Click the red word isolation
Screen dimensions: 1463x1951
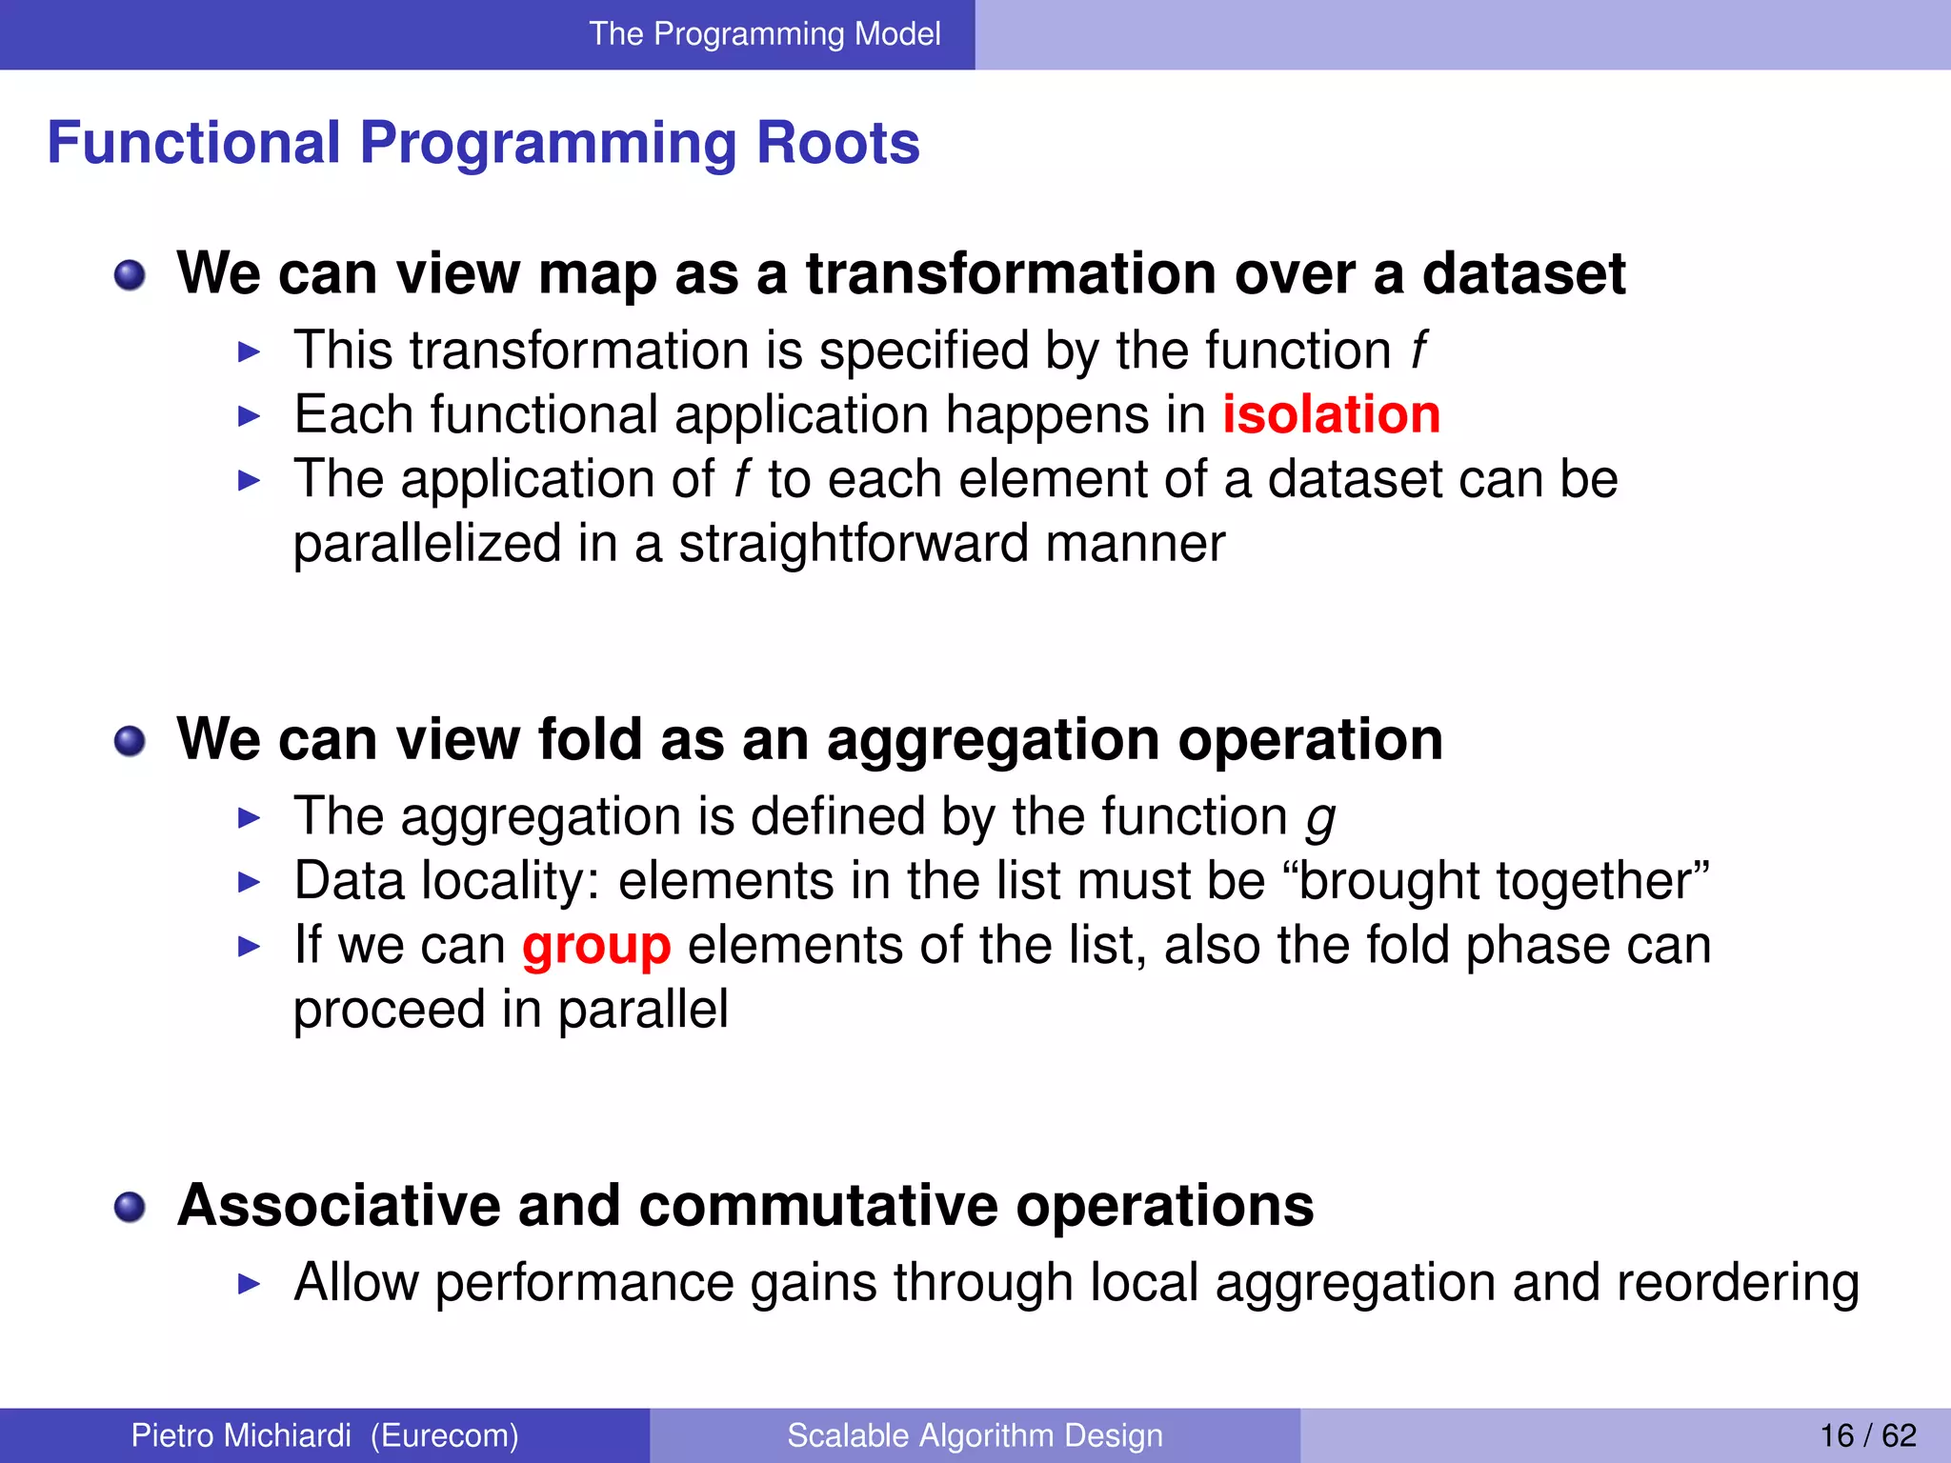tap(1331, 415)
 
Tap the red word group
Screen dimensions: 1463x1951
tap(596, 947)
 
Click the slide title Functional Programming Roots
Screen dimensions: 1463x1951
tap(483, 143)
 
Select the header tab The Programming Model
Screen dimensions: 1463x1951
tap(764, 34)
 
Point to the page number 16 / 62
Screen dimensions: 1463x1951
tap(1867, 1435)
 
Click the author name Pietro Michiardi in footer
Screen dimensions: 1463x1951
tap(240, 1435)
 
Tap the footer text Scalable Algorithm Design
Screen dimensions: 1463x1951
tap(975, 1435)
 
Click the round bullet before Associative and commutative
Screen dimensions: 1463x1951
tap(130, 1208)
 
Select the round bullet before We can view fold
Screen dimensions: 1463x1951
tap(130, 741)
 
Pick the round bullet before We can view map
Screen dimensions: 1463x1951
tap(130, 276)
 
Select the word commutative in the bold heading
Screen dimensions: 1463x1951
tap(817, 1206)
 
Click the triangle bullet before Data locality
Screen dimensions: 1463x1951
tap(249, 882)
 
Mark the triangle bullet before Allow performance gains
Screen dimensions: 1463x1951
tap(249, 1284)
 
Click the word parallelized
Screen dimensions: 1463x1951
tap(427, 544)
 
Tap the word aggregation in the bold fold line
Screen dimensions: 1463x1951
tap(994, 740)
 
